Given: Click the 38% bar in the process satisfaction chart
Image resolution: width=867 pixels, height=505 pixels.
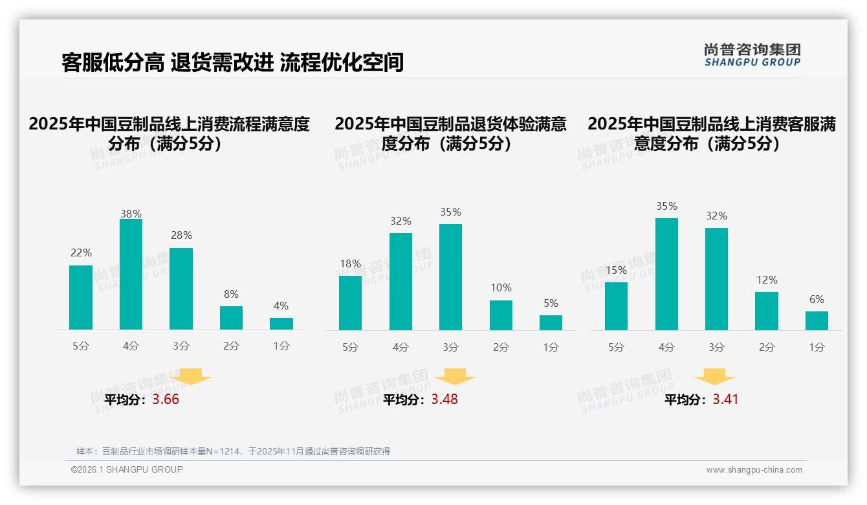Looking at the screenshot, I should click(x=131, y=275).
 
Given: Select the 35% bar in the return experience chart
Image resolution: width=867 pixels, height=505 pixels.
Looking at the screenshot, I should click(x=450, y=277).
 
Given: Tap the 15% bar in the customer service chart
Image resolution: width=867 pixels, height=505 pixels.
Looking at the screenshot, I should click(x=616, y=306).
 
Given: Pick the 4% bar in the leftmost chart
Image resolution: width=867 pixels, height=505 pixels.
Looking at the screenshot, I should click(x=281, y=324).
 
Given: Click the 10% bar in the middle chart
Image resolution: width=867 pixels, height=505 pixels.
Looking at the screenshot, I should click(x=501, y=315).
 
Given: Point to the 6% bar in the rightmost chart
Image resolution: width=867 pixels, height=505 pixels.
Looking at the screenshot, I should click(x=817, y=320).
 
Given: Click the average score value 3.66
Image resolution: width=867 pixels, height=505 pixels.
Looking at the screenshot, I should click(x=166, y=399).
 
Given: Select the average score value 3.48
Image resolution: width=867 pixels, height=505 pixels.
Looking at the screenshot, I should click(x=444, y=399).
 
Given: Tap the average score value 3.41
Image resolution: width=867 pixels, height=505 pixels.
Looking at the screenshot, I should click(x=725, y=399).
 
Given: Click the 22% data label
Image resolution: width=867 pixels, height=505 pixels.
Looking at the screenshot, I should click(x=81, y=252).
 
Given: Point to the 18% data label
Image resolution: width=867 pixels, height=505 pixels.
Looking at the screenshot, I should click(x=350, y=264).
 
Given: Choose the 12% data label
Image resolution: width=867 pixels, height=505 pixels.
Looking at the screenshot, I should click(x=767, y=280).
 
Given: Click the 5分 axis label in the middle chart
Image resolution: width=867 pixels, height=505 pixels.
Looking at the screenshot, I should click(x=350, y=347).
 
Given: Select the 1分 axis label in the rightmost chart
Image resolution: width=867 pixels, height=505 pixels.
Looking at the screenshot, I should click(x=817, y=347).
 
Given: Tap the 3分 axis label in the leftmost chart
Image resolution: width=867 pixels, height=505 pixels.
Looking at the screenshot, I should click(x=181, y=346).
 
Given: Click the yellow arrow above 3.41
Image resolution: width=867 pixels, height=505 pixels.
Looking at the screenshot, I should click(x=714, y=377).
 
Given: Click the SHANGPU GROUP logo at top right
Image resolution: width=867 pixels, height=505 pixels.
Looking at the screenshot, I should click(x=752, y=55).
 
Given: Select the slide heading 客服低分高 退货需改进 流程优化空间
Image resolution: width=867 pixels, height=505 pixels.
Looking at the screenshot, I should click(x=233, y=62).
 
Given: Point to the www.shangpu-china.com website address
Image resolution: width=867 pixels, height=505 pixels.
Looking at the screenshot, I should click(x=754, y=470).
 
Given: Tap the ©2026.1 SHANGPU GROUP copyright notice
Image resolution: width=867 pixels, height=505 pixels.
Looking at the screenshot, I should click(x=127, y=469).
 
